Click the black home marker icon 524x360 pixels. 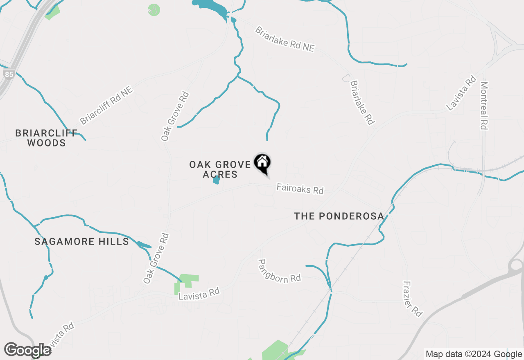point(262,163)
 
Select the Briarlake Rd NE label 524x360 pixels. point(285,39)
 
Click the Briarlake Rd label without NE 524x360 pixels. point(362,102)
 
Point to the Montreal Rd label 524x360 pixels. point(484,106)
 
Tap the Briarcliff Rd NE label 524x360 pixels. point(106,105)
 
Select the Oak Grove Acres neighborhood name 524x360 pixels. point(220,169)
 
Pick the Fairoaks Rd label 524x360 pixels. point(300,189)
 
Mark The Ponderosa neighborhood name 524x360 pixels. point(339,216)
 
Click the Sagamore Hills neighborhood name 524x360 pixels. point(82,241)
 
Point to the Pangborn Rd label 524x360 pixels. point(280,270)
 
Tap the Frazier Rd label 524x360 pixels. point(412,299)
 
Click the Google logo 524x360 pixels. point(27,350)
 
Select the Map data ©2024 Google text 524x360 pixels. point(474,354)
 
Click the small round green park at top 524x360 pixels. point(154,10)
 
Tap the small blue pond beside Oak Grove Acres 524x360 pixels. point(216,180)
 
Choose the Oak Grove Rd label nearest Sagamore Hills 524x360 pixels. point(156,259)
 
